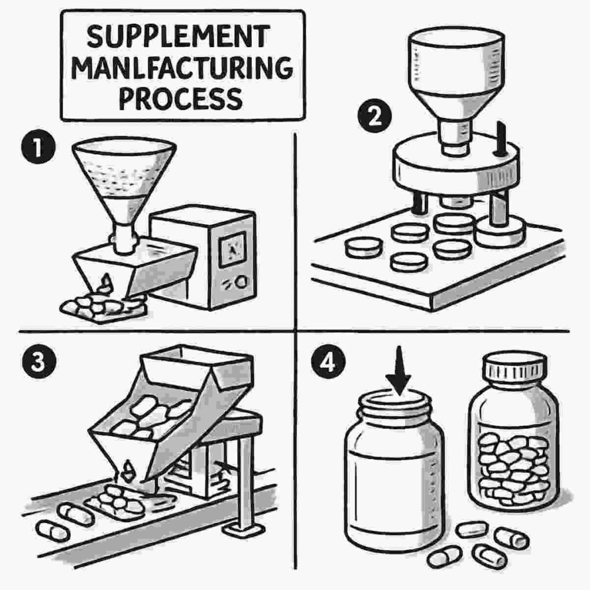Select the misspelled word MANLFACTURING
point(183,68)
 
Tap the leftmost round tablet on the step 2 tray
point(364,248)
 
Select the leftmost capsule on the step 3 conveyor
point(52,530)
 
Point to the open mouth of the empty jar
point(395,398)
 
